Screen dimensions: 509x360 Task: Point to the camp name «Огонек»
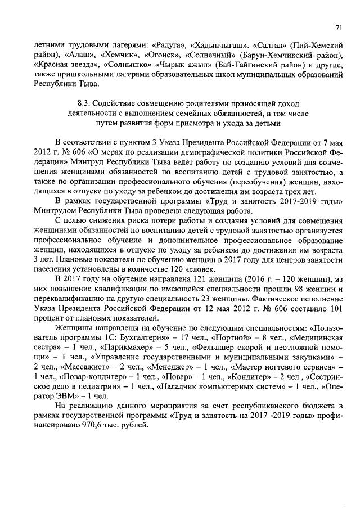(x=157, y=55)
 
